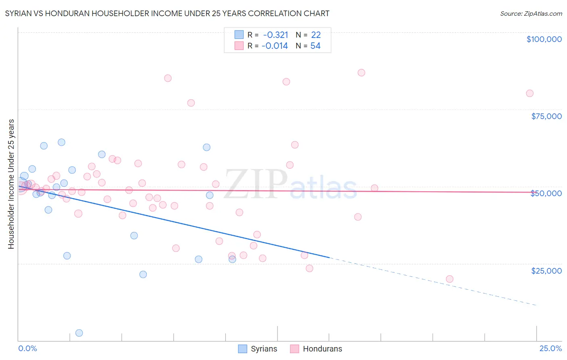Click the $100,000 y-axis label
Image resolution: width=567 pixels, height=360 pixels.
pos(544,39)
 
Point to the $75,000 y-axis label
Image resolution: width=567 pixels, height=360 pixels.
pos(546,116)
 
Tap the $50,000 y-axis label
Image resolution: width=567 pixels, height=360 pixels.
pos(546,193)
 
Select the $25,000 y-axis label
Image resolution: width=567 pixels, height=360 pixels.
pos(546,271)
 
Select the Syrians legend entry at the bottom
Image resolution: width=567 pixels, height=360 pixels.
pos(258,349)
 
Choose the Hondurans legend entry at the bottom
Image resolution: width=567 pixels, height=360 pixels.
pos(316,349)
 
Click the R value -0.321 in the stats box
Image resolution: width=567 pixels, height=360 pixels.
pos(275,35)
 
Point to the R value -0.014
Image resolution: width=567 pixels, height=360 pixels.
pos(275,46)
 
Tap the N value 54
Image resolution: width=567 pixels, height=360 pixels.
pos(315,46)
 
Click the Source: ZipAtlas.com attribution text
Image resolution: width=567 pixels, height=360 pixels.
pos(531,14)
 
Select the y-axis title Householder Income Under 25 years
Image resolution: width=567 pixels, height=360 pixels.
pos(11,184)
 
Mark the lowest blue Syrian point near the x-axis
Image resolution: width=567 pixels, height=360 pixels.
pos(79,333)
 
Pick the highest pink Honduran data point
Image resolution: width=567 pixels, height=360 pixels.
pos(361,73)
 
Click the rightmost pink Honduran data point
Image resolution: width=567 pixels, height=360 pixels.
pos(529,93)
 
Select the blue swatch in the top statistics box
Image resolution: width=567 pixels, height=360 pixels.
pos(239,35)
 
